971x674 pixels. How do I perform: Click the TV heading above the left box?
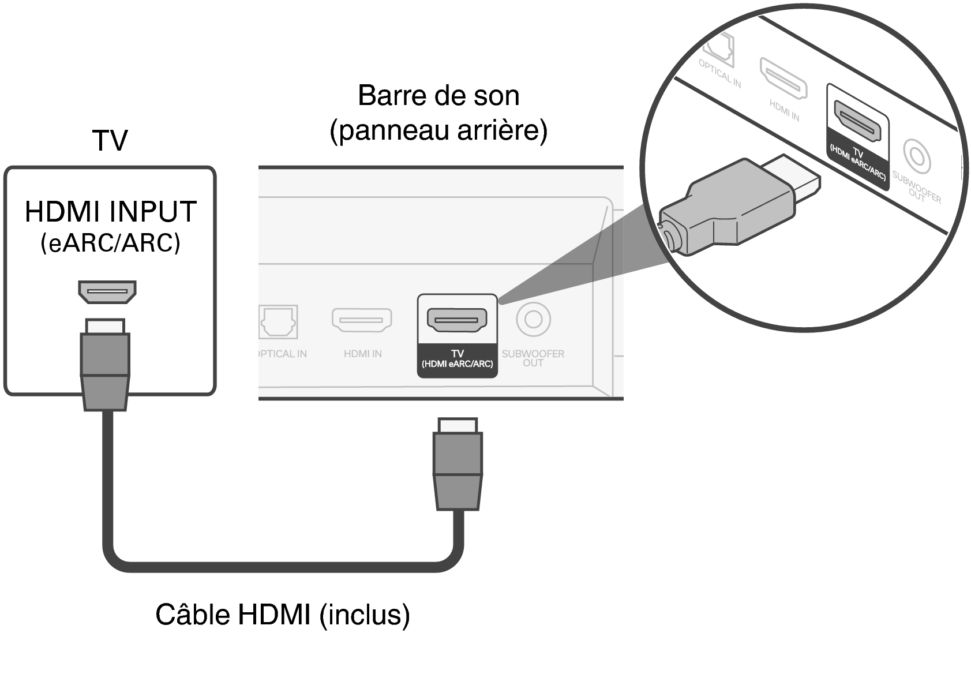pyautogui.click(x=110, y=140)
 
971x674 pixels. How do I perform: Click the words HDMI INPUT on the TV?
pyautogui.click(x=111, y=212)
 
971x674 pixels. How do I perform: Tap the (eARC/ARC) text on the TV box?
pyautogui.click(x=110, y=243)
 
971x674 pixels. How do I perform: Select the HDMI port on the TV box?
pyautogui.click(x=107, y=291)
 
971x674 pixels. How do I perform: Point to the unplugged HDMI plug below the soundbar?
pyautogui.click(x=458, y=465)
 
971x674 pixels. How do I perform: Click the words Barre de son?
pyautogui.click(x=438, y=96)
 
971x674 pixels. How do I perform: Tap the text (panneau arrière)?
pyautogui.click(x=438, y=131)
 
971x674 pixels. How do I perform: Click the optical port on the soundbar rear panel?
pyautogui.click(x=278, y=321)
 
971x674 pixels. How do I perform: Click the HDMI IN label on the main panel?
pyautogui.click(x=362, y=354)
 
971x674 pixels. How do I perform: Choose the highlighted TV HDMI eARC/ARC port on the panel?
pyautogui.click(x=457, y=320)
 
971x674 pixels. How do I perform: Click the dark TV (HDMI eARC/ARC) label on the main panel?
pyautogui.click(x=457, y=359)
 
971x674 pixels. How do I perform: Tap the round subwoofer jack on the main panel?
pyautogui.click(x=533, y=319)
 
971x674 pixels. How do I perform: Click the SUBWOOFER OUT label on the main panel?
pyautogui.click(x=533, y=358)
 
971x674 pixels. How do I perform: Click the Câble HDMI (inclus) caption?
pyautogui.click(x=283, y=615)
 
